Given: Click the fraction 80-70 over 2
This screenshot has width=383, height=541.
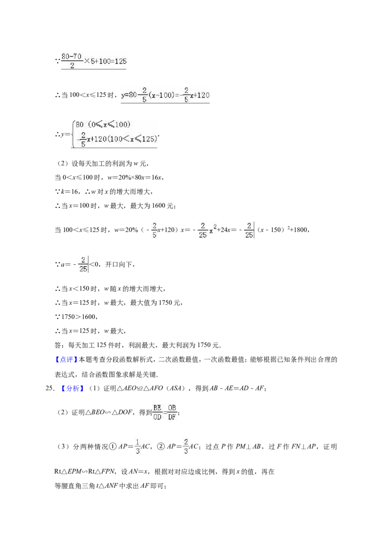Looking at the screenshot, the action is coord(71,61).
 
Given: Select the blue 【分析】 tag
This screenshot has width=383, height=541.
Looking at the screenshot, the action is coord(73,389).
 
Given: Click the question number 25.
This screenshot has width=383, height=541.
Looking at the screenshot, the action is coord(49,389).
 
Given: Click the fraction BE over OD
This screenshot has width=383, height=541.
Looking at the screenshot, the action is coord(158,412).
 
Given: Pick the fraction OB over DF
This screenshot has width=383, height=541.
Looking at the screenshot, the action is coord(172,412).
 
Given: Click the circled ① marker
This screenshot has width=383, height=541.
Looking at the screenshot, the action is coord(113,446).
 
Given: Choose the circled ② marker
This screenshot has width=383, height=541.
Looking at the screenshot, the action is coord(161,446).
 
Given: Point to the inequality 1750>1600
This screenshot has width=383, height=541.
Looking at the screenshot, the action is coord(79,317).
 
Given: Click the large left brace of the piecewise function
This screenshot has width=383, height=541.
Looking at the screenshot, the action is coord(73,134).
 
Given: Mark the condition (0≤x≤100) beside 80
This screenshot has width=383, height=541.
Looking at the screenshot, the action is coord(109,124).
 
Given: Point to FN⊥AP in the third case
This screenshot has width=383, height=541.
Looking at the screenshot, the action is coord(304,446).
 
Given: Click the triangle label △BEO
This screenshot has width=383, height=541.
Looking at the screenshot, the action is coord(95,412).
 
